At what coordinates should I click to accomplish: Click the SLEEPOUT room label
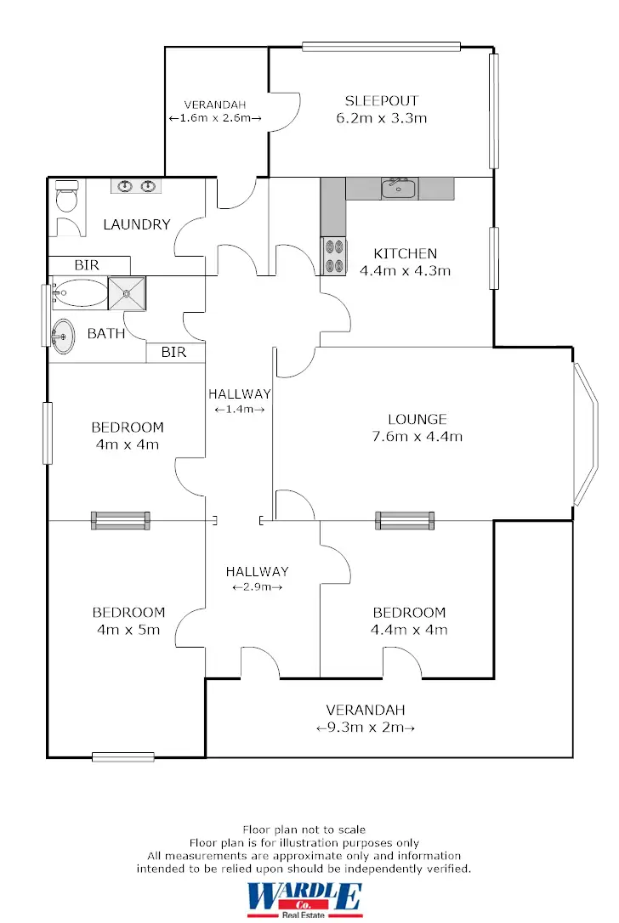pyautogui.click(x=382, y=100)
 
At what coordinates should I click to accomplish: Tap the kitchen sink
pyautogui.click(x=397, y=188)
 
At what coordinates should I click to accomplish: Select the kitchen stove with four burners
pyautogui.click(x=334, y=256)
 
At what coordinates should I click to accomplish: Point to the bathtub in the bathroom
pyautogui.click(x=79, y=293)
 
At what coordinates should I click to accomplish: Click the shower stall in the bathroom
pyautogui.click(x=128, y=293)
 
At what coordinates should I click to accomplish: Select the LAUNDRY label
pyautogui.click(x=137, y=225)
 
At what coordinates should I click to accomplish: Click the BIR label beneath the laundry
pyautogui.click(x=87, y=265)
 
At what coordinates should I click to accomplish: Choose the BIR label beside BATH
pyautogui.click(x=173, y=352)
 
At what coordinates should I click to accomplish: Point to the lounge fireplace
pyautogui.click(x=406, y=520)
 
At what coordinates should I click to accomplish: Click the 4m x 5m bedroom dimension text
pyautogui.click(x=128, y=630)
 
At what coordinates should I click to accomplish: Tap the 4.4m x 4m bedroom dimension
pyautogui.click(x=409, y=630)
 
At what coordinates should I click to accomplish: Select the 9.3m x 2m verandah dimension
pyautogui.click(x=365, y=728)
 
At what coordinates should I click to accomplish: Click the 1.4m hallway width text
pyautogui.click(x=239, y=410)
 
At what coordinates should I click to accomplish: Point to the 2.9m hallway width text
pyautogui.click(x=257, y=587)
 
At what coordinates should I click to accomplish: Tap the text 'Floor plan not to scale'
pyautogui.click(x=304, y=829)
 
